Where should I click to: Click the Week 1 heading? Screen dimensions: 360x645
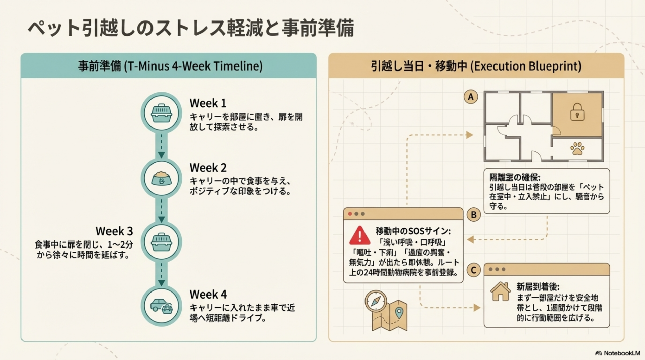click(x=208, y=103)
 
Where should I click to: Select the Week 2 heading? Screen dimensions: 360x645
click(x=208, y=168)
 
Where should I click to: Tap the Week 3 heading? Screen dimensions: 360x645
click(x=114, y=231)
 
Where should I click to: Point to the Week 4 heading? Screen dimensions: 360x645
click(x=208, y=295)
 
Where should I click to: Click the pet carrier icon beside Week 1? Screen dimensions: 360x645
click(x=161, y=113)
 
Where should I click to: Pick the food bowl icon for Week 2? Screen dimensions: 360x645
click(x=161, y=178)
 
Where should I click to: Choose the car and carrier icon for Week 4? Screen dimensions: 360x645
click(x=161, y=306)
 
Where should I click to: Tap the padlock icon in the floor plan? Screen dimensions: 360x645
click(x=577, y=112)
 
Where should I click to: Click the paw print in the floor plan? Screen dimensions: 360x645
click(x=577, y=148)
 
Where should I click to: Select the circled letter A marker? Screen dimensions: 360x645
click(x=471, y=97)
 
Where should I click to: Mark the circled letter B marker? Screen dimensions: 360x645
click(x=474, y=215)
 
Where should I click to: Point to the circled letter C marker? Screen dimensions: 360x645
click(x=474, y=270)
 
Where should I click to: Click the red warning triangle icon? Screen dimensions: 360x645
click(x=359, y=236)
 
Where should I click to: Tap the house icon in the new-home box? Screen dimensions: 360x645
click(x=500, y=291)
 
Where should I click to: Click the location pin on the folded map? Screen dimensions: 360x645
click(x=399, y=312)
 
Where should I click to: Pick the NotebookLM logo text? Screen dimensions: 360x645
click(x=621, y=353)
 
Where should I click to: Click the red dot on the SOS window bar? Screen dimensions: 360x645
click(x=350, y=214)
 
